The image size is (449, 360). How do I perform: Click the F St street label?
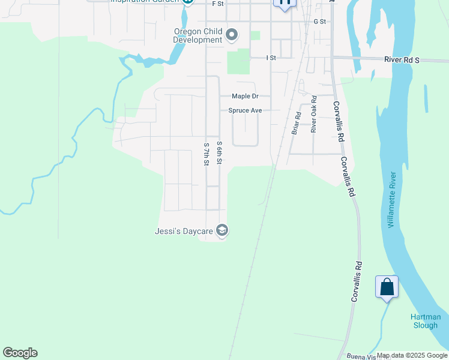pyautogui.click(x=218, y=4)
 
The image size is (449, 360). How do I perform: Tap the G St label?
pyautogui.click(x=319, y=22)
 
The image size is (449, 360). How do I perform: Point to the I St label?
pyautogui.click(x=271, y=58)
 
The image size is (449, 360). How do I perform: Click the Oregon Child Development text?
pyautogui.click(x=197, y=36)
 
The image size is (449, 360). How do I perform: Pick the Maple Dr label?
pyautogui.click(x=245, y=96)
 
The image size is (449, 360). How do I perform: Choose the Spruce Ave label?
pyautogui.click(x=245, y=110)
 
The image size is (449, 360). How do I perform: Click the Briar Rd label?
pyautogui.click(x=296, y=123)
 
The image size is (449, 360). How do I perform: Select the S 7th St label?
pyautogui.click(x=206, y=154)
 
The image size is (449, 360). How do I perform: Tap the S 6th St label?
pyautogui.click(x=220, y=153)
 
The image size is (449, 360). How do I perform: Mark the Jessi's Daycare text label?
pyautogui.click(x=185, y=230)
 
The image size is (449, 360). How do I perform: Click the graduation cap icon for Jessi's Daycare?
pyautogui.click(x=222, y=230)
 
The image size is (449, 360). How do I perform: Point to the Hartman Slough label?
pyautogui.click(x=426, y=321)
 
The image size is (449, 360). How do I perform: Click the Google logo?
pyautogui.click(x=20, y=353)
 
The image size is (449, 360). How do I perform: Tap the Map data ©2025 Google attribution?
pyautogui.click(x=412, y=355)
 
